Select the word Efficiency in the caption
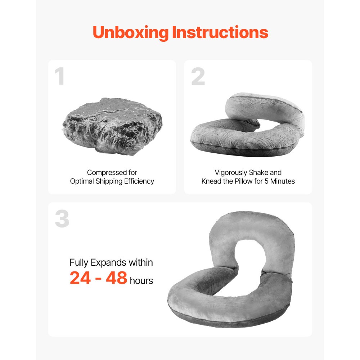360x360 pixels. (x=139, y=181)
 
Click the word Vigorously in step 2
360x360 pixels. (x=231, y=173)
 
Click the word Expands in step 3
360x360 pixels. (x=110, y=263)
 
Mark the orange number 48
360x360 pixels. (x=116, y=278)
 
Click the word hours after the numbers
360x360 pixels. (x=141, y=281)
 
